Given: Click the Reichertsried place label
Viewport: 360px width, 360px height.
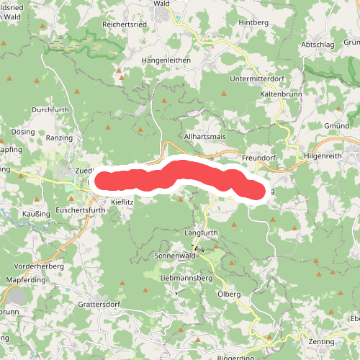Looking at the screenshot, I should pyautogui.click(x=126, y=24).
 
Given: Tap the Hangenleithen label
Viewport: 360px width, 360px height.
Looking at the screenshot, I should pyautogui.click(x=166, y=60).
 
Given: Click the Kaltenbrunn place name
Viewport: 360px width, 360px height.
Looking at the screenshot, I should pyautogui.click(x=280, y=94).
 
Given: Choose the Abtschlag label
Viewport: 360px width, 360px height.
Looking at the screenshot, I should pyautogui.click(x=319, y=45).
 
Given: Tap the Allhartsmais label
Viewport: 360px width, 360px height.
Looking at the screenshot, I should pyautogui.click(x=205, y=135).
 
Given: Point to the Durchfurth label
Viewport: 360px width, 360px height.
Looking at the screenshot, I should pyautogui.click(x=50, y=110).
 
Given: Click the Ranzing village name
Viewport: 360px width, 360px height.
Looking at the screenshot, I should pyautogui.click(x=59, y=137).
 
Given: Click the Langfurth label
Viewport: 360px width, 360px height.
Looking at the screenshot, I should pyautogui.click(x=201, y=234).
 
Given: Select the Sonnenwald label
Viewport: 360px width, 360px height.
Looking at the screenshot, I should pyautogui.click(x=175, y=256).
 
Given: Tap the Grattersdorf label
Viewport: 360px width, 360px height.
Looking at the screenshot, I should pyautogui.click(x=102, y=305).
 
